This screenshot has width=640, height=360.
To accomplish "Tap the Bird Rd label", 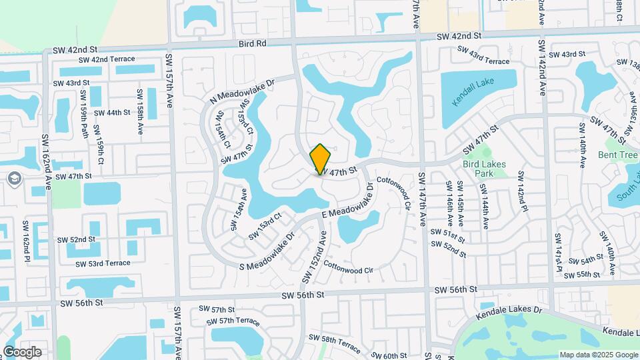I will pyautogui.click(x=252, y=43).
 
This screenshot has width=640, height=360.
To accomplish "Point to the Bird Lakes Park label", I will pyautogui.click(x=483, y=168).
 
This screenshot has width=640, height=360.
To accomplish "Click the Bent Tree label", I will pyautogui.click(x=617, y=155).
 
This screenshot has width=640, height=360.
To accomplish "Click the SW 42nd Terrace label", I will pyautogui.click(x=107, y=59).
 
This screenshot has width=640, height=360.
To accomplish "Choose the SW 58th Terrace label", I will pyautogui.click(x=340, y=344).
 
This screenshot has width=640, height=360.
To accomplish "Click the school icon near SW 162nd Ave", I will pyautogui.click(x=15, y=179).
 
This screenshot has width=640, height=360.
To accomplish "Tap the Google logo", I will pyautogui.click(x=23, y=351).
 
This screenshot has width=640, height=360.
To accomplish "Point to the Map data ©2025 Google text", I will pyautogui.click(x=598, y=355).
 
